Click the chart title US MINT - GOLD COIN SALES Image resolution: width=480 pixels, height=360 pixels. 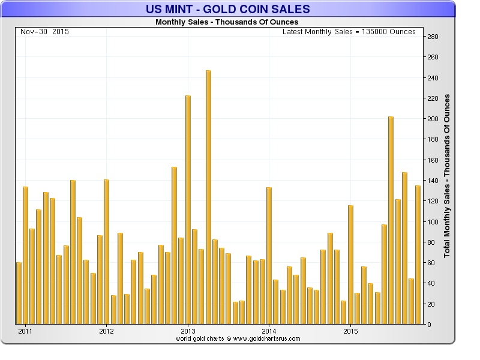(x=228, y=9)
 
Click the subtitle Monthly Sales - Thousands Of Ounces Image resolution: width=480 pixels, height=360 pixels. (x=227, y=22)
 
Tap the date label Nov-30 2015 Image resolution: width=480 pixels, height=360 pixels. (x=44, y=31)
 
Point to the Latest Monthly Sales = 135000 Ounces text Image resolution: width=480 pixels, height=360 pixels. (x=349, y=31)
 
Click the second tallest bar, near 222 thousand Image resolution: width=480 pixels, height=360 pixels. (x=188, y=209)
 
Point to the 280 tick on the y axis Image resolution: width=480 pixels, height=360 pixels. (x=433, y=37)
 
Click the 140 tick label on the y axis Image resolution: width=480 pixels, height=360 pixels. (x=433, y=181)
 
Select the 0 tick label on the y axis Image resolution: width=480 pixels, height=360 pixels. (x=429, y=325)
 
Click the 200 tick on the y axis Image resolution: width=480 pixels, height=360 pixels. (x=433, y=119)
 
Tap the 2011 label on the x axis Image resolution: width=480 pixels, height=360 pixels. (x=25, y=331)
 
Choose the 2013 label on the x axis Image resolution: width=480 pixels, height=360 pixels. (x=188, y=331)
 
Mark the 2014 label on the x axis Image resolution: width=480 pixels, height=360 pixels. (x=269, y=331)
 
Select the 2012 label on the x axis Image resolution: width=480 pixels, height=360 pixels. (x=106, y=331)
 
